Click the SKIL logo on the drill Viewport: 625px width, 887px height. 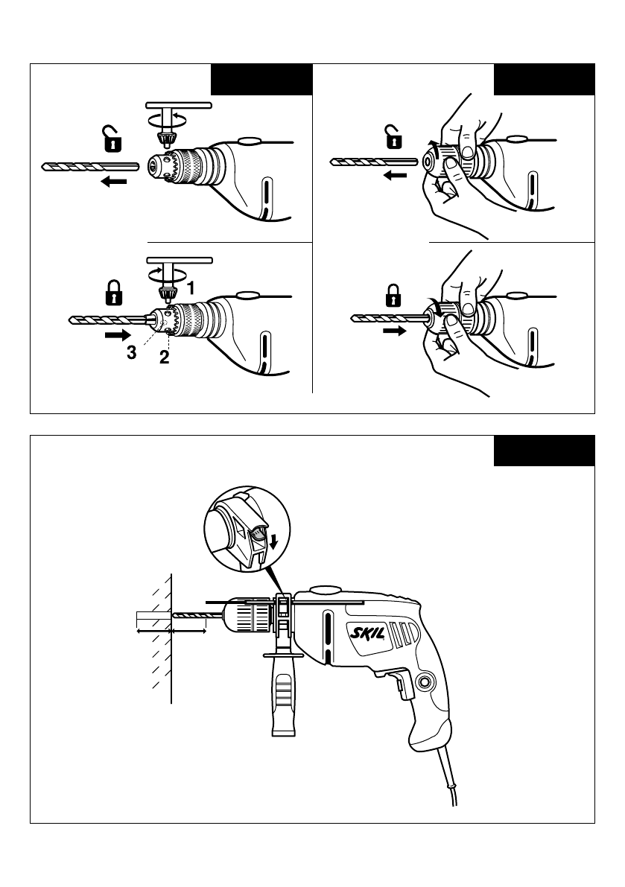367,632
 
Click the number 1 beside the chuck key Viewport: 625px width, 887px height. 191,288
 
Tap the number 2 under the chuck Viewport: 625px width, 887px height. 164,357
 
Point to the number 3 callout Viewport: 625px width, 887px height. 131,353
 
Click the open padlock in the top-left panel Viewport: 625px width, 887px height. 112,139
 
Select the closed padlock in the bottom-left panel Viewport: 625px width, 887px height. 114,293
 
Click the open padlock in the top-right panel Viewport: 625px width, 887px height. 393,136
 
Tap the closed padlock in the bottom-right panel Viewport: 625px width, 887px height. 393,296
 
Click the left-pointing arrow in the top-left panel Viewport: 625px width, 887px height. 114,181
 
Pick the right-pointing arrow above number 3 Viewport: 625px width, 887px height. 118,335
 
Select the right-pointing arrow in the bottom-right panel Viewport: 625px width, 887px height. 395,331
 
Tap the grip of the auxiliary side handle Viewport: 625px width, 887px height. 283,697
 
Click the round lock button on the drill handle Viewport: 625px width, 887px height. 425,681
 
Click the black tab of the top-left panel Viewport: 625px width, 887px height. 262,79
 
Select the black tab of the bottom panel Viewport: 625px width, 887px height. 544,451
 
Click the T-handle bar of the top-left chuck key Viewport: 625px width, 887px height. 179,105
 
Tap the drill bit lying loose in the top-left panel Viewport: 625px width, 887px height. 90,166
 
